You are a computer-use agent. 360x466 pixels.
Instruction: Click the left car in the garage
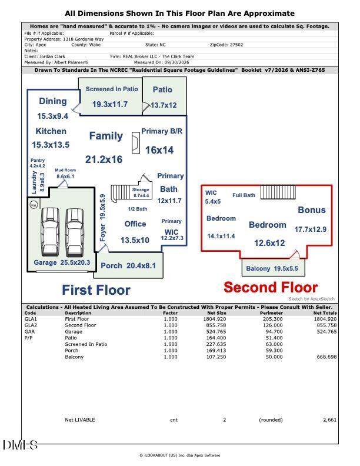[50, 232]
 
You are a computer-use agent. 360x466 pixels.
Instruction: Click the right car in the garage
[75, 232]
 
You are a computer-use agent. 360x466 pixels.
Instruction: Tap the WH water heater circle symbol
[34, 205]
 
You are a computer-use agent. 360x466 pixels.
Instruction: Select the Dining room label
[53, 101]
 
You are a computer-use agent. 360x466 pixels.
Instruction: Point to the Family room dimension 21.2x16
[104, 159]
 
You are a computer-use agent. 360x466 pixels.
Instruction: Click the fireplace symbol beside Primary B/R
[136, 143]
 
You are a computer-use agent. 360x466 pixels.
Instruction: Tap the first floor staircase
[121, 194]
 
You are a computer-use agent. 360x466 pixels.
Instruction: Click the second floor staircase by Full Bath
[278, 192]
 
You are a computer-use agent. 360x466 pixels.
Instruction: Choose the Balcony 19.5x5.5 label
[272, 269]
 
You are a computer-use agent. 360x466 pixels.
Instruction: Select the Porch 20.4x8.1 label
[128, 266]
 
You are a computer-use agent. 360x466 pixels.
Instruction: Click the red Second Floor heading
[271, 288]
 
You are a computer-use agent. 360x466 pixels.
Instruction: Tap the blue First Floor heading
[96, 290]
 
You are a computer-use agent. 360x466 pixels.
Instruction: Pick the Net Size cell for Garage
[216, 332]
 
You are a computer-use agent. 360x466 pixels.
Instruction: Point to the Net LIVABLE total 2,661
[329, 420]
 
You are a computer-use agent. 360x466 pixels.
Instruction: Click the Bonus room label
[312, 210]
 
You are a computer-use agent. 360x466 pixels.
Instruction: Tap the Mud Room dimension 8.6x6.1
[65, 177]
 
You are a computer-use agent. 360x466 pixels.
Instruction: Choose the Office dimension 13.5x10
[135, 240]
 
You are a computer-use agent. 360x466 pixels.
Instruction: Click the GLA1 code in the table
[31, 319]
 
